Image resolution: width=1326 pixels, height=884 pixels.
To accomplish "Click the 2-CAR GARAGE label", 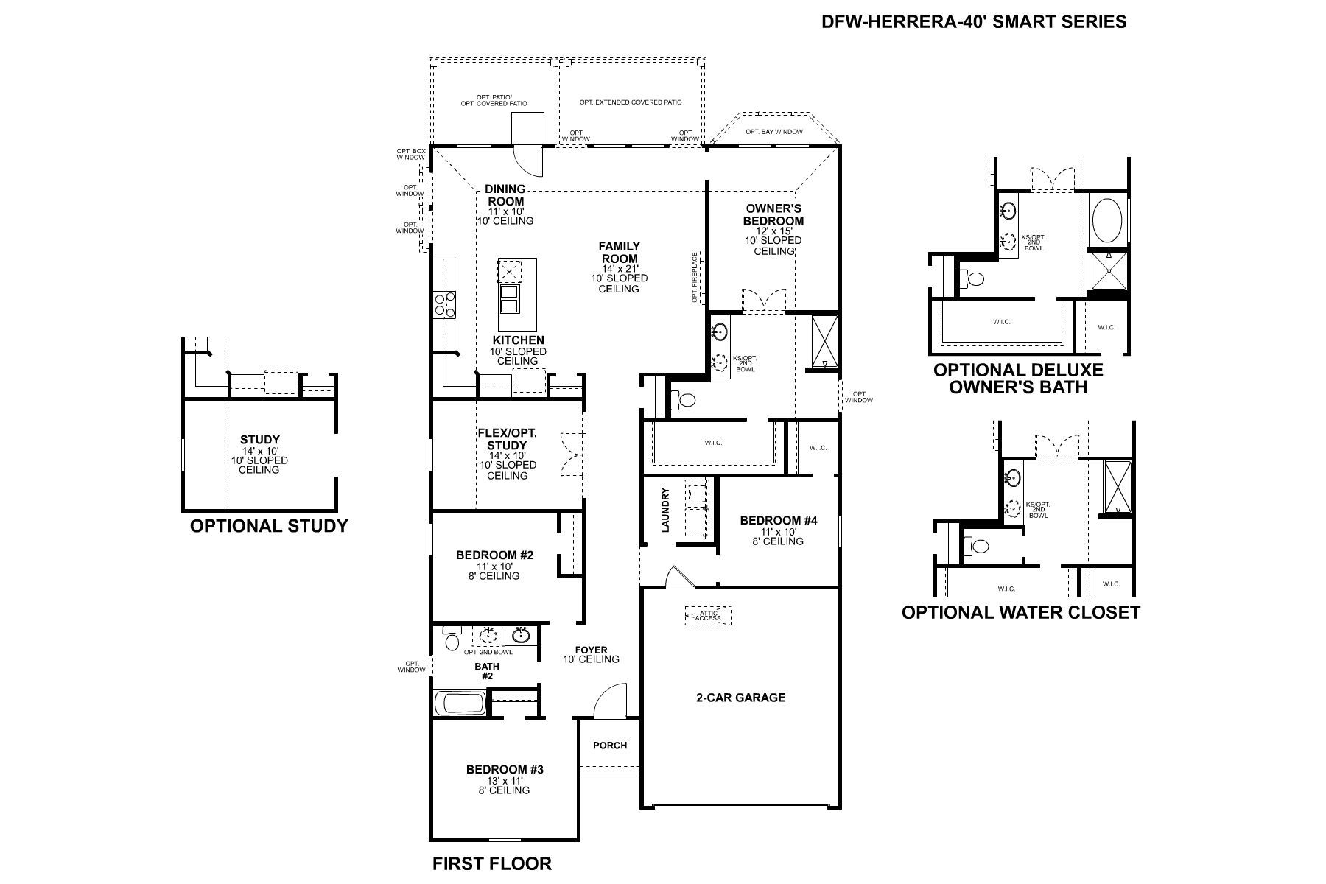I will click(x=740, y=698).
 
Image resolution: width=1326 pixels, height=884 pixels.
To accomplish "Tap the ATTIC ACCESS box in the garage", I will click(x=708, y=615).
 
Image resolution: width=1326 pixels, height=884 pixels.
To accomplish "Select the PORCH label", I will click(x=610, y=745).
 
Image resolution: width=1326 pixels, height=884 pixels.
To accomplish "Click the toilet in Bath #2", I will click(x=452, y=639).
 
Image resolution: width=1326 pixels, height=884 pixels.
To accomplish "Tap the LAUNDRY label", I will click(x=666, y=510).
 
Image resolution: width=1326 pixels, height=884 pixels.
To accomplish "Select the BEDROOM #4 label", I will click(x=779, y=521).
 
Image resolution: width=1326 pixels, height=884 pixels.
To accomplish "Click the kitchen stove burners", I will click(x=444, y=304).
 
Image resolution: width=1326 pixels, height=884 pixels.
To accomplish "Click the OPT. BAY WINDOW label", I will click(x=773, y=132).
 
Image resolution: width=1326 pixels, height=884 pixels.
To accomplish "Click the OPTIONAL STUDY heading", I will click(x=268, y=526).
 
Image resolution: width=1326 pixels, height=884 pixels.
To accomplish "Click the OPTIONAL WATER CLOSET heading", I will click(x=1020, y=612).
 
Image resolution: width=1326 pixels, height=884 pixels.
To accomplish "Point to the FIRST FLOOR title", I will click(x=491, y=863).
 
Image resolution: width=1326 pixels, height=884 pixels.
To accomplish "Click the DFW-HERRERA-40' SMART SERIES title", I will click(x=973, y=21).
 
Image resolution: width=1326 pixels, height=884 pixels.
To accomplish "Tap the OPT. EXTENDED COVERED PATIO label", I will click(x=630, y=102).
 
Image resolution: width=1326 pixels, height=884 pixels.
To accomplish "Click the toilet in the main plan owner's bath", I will click(x=685, y=401).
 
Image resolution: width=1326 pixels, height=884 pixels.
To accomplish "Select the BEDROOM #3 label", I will click(x=505, y=770).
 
